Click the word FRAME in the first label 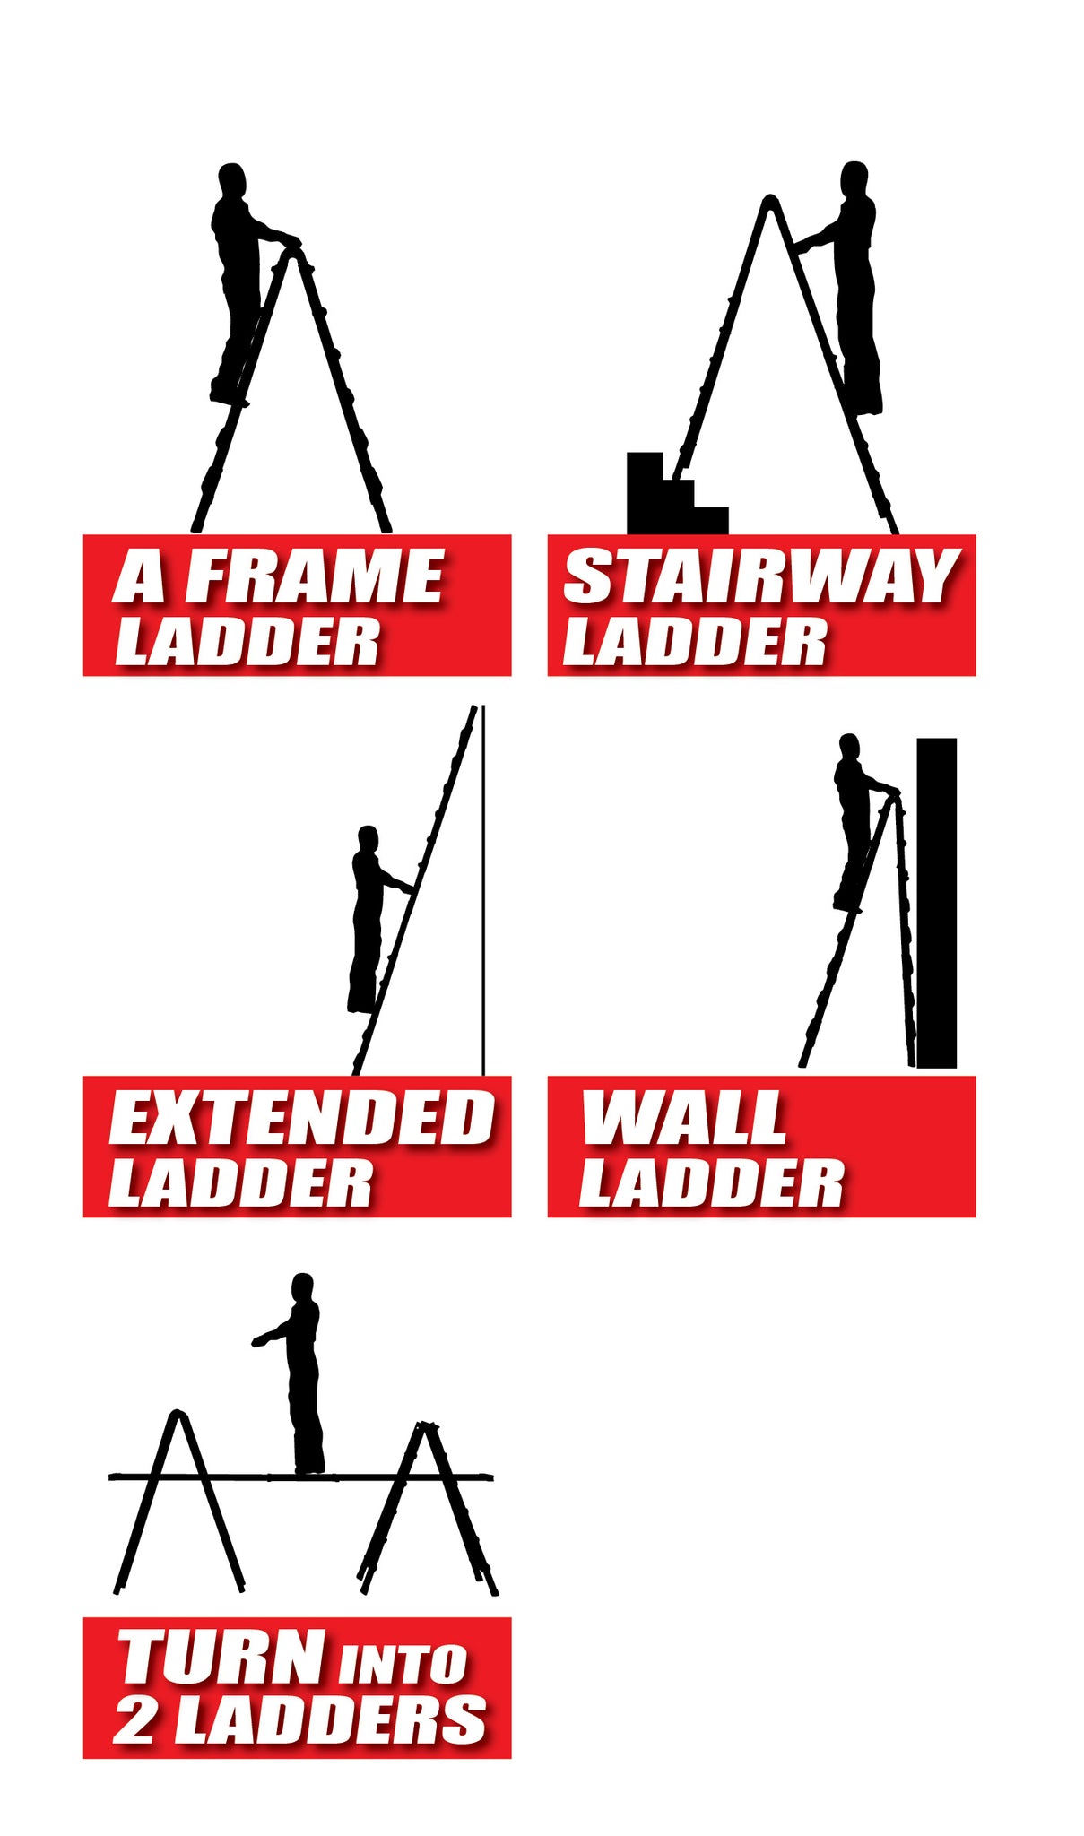click(314, 577)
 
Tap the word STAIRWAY click(761, 577)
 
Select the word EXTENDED click(301, 1118)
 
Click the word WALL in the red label click(684, 1118)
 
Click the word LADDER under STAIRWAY click(695, 642)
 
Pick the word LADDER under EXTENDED click(240, 1182)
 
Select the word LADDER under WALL click(711, 1182)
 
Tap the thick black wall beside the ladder click(936, 903)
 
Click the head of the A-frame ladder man click(231, 180)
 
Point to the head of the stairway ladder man click(854, 178)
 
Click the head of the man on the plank click(303, 1287)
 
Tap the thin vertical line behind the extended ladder click(483, 889)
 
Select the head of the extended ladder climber click(368, 840)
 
